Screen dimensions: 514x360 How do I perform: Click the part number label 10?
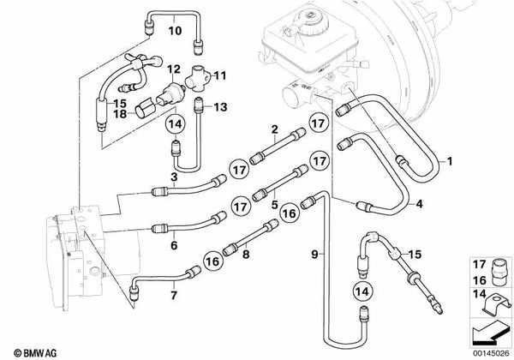(175, 31)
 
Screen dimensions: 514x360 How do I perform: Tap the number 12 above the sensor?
(174, 69)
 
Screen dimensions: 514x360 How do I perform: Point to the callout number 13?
(220, 107)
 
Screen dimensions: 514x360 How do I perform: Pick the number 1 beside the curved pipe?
(450, 161)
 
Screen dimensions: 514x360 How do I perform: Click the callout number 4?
(419, 204)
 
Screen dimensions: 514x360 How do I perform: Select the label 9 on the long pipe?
(314, 254)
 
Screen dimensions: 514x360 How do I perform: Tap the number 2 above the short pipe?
(275, 129)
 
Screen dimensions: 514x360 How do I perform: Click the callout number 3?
(174, 177)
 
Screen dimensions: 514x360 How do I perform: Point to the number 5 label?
(275, 205)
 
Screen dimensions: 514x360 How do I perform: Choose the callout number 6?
(174, 245)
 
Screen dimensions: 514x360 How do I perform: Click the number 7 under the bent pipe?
(174, 295)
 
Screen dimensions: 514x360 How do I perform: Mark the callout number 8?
(246, 254)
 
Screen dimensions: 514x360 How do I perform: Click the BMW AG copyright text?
(35, 353)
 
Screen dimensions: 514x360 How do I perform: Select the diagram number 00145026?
(491, 353)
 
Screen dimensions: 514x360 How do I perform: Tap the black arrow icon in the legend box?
(489, 333)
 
